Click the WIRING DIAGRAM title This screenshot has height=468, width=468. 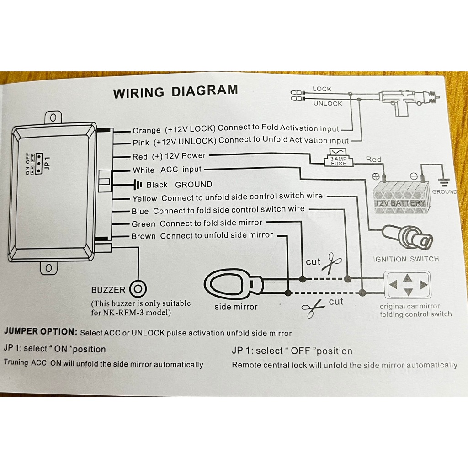[175, 91]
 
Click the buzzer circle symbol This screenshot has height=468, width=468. [138, 289]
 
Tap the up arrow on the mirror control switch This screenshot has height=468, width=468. [407, 278]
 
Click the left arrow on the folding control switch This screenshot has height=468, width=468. [394, 284]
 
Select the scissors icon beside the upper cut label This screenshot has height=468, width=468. [332, 263]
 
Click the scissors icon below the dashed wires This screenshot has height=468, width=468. [313, 308]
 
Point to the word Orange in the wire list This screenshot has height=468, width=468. [146, 131]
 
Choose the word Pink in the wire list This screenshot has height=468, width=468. [141, 143]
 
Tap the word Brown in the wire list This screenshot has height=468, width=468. [144, 236]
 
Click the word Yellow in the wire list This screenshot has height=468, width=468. [144, 198]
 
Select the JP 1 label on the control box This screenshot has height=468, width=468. [47, 164]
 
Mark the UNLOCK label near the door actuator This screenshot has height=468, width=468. [328, 104]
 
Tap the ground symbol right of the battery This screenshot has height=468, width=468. [444, 182]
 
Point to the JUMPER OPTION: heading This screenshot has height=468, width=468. [41, 332]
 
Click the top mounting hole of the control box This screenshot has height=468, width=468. [53, 117]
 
